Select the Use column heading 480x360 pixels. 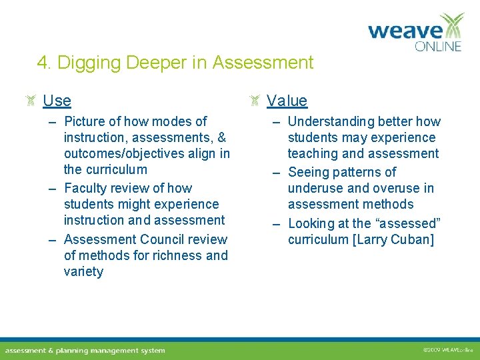tap(57, 101)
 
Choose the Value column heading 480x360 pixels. tap(287, 101)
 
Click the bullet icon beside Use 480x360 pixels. tap(31, 101)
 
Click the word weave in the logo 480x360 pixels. tap(405, 31)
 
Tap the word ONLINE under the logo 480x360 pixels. tap(438, 47)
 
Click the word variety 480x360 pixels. tap(83, 271)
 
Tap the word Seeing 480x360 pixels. tap(308, 172)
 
